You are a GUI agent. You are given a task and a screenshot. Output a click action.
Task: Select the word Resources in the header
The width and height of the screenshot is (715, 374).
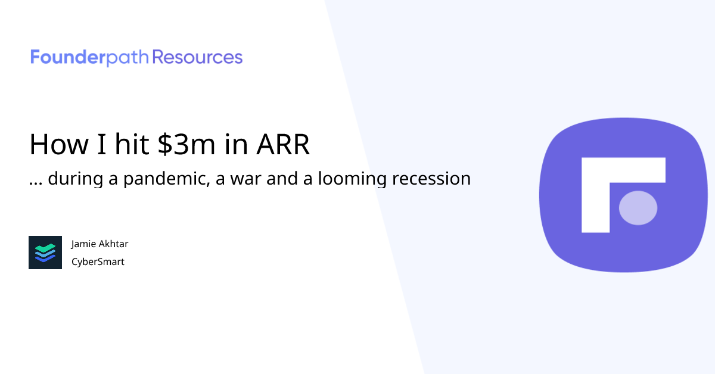coord(197,58)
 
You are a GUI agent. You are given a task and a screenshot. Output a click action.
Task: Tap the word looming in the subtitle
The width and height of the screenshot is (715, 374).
coord(346,179)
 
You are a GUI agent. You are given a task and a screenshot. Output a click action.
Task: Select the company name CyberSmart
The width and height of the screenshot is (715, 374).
coord(98,261)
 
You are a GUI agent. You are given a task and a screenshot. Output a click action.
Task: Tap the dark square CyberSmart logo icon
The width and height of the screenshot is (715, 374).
coord(45,253)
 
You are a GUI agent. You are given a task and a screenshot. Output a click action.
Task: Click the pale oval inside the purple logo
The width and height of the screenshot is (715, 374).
coord(638,208)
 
